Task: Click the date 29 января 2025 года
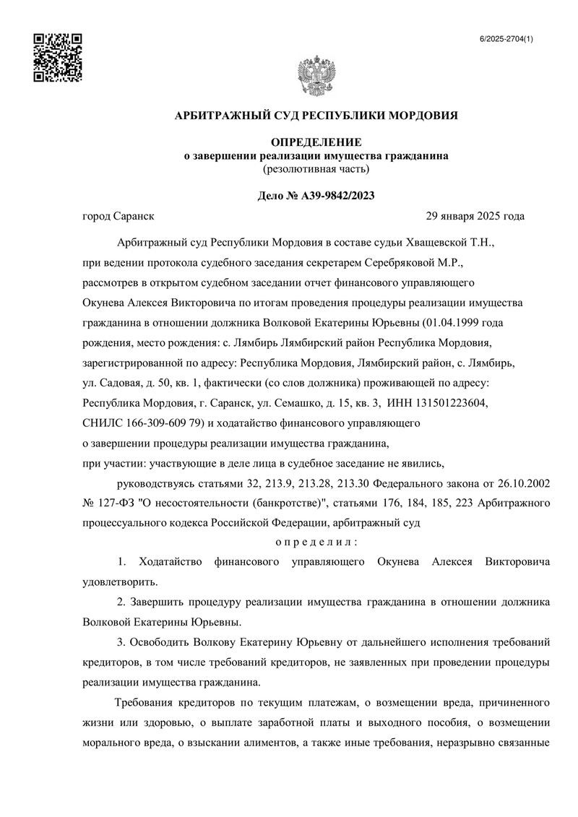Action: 475,216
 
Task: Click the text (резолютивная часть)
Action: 316,169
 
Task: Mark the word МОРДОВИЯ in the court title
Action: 424,115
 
